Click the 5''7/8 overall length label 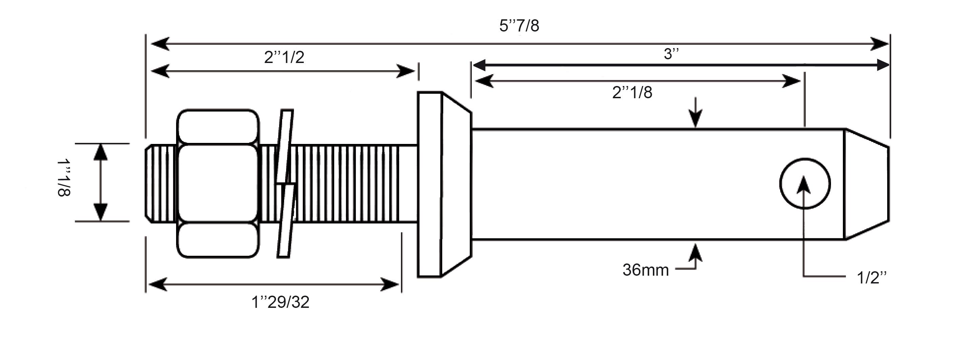(519, 26)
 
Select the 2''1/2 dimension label (284, 57)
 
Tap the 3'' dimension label (671, 54)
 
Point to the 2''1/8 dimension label (633, 92)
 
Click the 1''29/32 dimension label (281, 302)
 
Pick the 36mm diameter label (646, 270)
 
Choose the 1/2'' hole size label (872, 278)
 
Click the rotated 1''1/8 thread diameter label (64, 178)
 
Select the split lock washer (286, 183)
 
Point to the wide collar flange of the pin (444, 184)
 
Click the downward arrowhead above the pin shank (696, 119)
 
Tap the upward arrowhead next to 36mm (696, 252)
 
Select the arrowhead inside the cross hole (804, 185)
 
